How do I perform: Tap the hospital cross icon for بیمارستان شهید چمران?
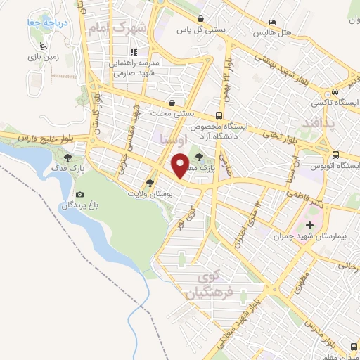[311, 226]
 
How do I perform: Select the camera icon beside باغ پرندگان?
[79, 195]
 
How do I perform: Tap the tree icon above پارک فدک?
[68, 157]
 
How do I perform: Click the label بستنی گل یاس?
[195, 30]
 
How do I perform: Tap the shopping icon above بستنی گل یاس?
[202, 19]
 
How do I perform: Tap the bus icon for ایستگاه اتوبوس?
[335, 155]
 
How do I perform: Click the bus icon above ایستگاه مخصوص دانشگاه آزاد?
[219, 116]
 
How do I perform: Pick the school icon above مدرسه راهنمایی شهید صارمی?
[133, 51]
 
